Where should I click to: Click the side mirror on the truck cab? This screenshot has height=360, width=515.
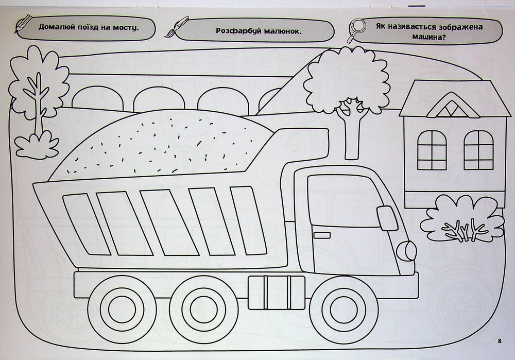pos(387,218)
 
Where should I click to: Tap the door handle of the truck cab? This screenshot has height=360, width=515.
pos(322,235)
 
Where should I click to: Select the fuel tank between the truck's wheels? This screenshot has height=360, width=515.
pos(277,293)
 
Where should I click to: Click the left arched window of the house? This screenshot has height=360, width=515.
pos(432,150)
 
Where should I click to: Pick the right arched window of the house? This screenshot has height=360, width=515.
pos(478,150)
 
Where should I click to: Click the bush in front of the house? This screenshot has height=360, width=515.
pos(462,218)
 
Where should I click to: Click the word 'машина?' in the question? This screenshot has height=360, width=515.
pos(428,37)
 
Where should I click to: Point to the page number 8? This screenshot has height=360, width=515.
pos(500,340)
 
